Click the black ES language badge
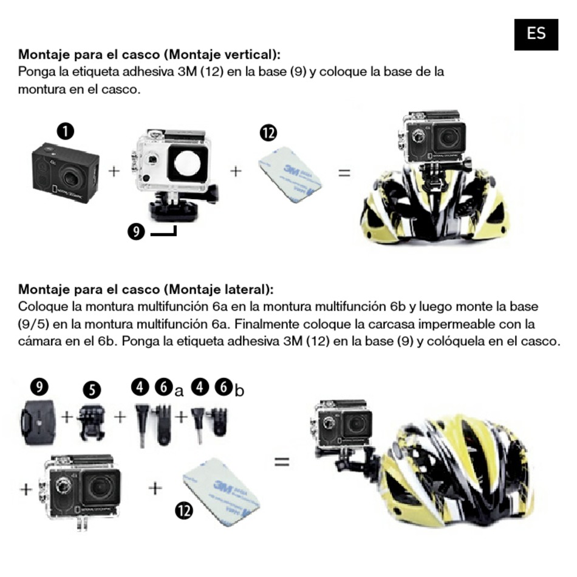(536, 33)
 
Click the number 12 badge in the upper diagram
(268, 133)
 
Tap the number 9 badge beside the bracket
(136, 231)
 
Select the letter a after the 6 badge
(179, 391)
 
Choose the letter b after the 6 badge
(239, 391)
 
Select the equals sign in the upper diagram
(344, 173)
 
